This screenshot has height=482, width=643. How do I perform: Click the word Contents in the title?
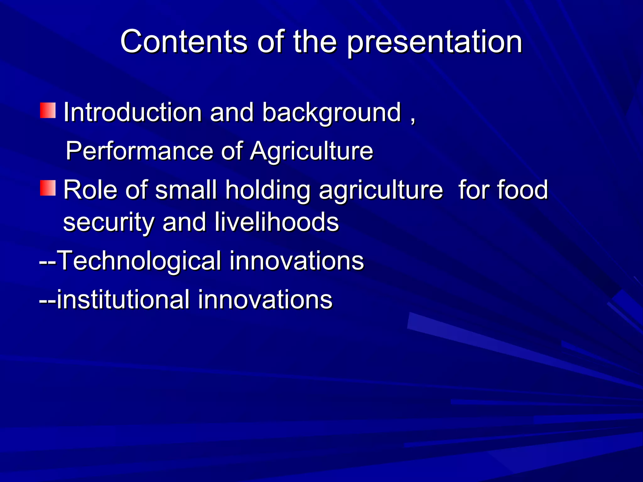tap(184, 41)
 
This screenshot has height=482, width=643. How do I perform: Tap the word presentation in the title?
tap(435, 43)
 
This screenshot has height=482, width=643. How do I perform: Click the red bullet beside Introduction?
tap(48, 110)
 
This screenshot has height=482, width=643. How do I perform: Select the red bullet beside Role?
tap(48, 188)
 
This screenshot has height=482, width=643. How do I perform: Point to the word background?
tap(332, 113)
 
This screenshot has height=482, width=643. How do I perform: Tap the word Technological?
tap(139, 260)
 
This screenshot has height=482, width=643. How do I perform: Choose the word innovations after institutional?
tap(265, 299)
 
